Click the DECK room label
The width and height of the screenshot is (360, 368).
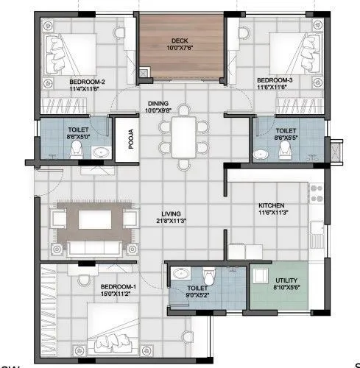[180, 40]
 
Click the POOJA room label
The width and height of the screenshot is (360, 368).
[130, 140]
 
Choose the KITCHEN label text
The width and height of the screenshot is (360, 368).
[272, 206]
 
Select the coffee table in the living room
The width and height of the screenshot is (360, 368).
[93, 219]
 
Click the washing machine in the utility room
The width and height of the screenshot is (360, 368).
[262, 277]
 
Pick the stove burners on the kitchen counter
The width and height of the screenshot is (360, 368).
[317, 194]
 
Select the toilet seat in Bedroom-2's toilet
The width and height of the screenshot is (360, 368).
[76, 149]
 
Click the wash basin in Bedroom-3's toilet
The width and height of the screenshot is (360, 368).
[258, 155]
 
